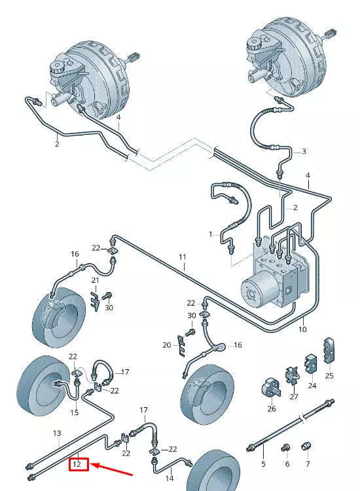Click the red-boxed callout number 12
point(77,464)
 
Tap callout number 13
point(57,433)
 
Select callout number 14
point(170,479)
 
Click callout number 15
point(74,412)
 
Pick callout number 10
point(302,329)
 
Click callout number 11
point(183,257)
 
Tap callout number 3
point(304,152)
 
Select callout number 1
point(211,234)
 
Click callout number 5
point(263,464)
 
